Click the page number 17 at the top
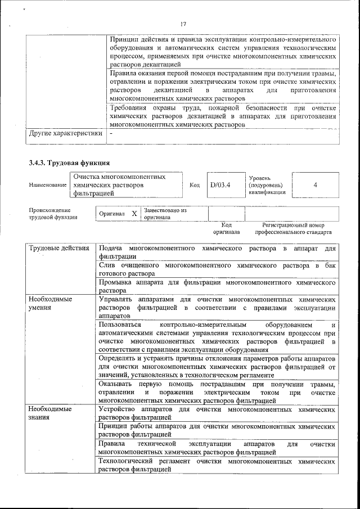(183, 24)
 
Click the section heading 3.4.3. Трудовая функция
(65, 163)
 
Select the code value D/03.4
(220, 184)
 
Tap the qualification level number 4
(315, 184)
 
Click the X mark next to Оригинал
(134, 214)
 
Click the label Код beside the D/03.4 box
(195, 184)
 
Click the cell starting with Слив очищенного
(217, 268)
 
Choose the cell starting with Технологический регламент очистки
(217, 465)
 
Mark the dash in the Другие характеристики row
(111, 134)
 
